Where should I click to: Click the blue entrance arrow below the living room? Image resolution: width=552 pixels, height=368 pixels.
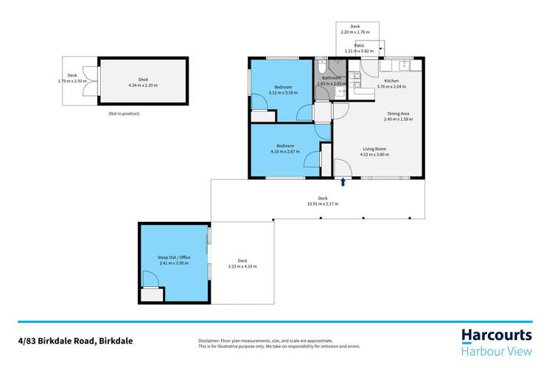[x=343, y=181]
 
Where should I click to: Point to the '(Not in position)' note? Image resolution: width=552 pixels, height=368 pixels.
[x=123, y=114]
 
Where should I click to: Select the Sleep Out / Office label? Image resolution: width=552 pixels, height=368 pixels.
[x=174, y=257]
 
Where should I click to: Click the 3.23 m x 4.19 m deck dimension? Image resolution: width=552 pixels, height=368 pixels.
[x=242, y=266]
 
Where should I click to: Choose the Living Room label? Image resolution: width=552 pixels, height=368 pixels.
[x=374, y=149]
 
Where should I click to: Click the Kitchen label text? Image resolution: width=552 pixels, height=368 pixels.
[x=391, y=80]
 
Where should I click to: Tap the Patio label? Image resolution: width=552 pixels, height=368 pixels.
[x=359, y=45]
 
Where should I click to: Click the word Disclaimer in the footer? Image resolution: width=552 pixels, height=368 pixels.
[x=212, y=341]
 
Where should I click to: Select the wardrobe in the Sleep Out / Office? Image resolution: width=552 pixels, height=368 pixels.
[x=151, y=295]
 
